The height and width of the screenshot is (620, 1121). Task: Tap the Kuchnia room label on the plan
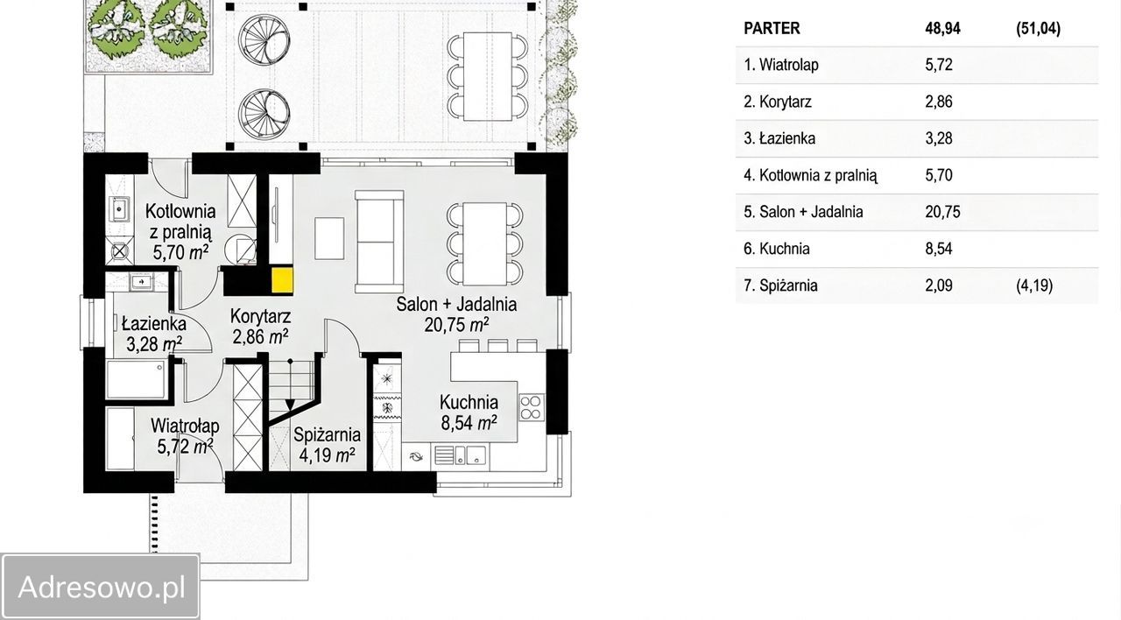click(469, 402)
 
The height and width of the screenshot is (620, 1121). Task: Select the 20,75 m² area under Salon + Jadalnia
click(456, 325)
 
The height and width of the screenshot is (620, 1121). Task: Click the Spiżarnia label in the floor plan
click(327, 435)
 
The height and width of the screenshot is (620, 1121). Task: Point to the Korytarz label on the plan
click(260, 316)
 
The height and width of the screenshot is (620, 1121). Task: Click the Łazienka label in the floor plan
click(153, 323)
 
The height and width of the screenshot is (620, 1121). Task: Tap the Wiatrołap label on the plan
click(185, 426)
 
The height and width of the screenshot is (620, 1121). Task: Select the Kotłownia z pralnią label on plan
click(180, 222)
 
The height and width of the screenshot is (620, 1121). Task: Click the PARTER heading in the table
click(772, 29)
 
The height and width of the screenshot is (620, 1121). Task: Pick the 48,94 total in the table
click(943, 29)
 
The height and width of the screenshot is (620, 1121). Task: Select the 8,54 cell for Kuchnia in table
click(939, 249)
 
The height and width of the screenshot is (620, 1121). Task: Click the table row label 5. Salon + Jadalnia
click(803, 212)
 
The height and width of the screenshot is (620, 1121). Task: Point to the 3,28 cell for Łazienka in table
click(939, 138)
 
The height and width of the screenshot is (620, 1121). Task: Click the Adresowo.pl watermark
click(102, 587)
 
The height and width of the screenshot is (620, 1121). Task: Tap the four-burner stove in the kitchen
click(532, 407)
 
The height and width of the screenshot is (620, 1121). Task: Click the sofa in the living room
click(379, 242)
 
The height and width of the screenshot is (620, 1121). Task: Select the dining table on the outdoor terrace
click(488, 76)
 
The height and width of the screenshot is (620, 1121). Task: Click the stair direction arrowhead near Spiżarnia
click(290, 405)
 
